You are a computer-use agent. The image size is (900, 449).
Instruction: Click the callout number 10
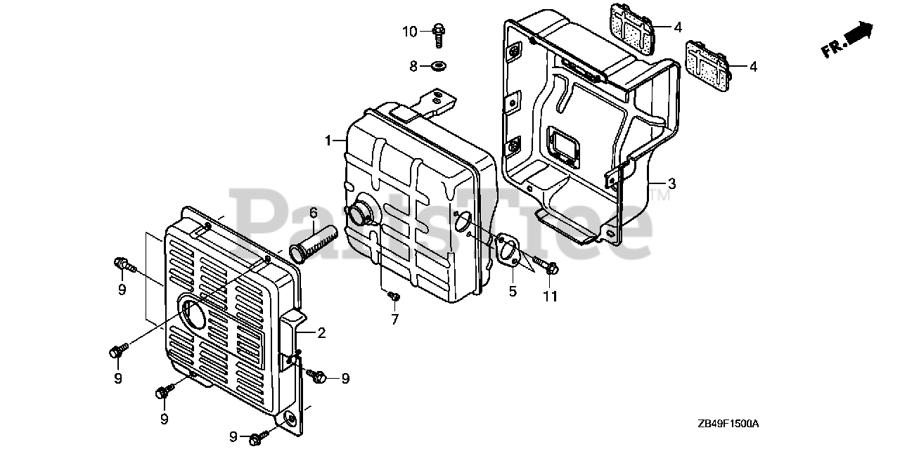click(x=410, y=31)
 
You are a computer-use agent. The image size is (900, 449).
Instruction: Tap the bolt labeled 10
click(x=439, y=33)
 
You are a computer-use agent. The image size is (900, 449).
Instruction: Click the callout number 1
click(x=328, y=141)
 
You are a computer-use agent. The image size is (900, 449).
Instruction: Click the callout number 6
click(x=314, y=212)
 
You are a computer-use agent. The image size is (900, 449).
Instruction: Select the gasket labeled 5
click(x=508, y=251)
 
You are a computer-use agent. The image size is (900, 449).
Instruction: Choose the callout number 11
click(x=550, y=297)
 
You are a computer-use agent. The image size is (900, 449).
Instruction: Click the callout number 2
click(x=321, y=333)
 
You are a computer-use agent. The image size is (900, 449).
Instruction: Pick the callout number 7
click(x=395, y=320)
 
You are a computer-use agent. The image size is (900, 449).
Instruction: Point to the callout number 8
click(x=414, y=66)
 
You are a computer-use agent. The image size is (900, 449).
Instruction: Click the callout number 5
click(x=513, y=291)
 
